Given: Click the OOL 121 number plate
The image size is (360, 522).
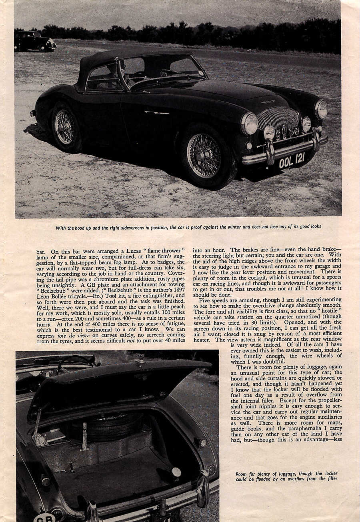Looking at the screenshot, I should coord(292,161).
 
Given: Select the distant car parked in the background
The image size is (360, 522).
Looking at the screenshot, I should coord(35,41).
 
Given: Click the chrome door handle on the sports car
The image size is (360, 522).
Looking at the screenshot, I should coord(157,113).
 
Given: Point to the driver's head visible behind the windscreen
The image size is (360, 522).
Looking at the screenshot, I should coord(122,67).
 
